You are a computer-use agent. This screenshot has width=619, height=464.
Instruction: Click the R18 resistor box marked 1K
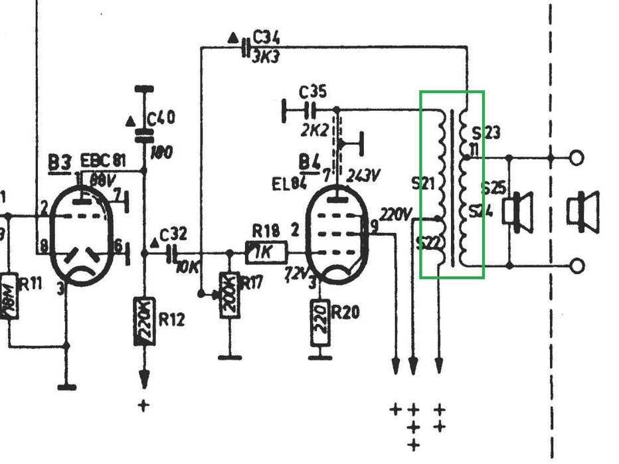(266, 252)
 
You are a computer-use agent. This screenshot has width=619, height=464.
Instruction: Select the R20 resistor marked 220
(321, 323)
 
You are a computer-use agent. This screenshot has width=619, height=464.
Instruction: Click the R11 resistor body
(9, 295)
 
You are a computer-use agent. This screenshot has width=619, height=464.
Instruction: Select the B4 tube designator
(308, 161)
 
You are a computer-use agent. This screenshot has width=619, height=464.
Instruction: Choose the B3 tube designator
(60, 163)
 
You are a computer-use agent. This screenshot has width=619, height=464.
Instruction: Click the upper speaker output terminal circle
(577, 158)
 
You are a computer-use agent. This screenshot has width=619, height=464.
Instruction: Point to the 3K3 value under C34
(266, 56)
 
